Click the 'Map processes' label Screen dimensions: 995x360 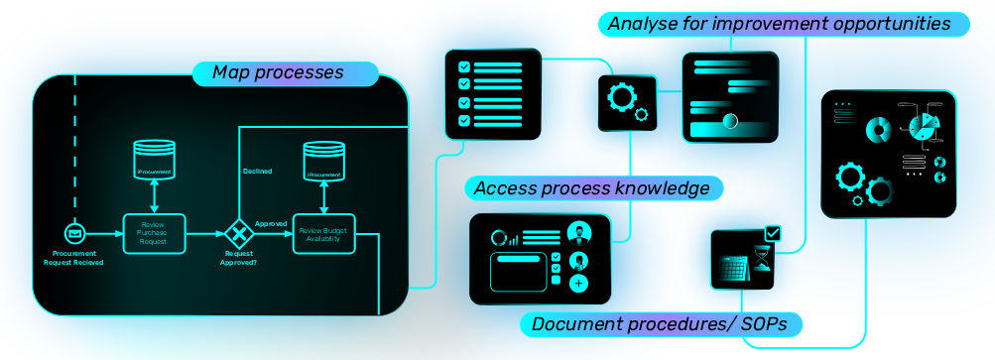pyautogui.click(x=278, y=73)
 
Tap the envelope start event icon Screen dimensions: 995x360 pyautogui.click(x=73, y=233)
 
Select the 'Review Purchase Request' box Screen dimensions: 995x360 pyautogui.click(x=154, y=233)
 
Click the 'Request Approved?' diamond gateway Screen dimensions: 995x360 pyautogui.click(x=238, y=234)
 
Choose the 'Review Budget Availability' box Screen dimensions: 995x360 pyautogui.click(x=323, y=233)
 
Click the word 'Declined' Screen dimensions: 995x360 pyautogui.click(x=257, y=171)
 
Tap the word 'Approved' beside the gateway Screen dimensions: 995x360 pyautogui.click(x=271, y=224)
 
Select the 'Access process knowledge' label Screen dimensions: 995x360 pyautogui.click(x=591, y=187)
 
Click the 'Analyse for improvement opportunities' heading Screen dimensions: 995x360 pyautogui.click(x=779, y=23)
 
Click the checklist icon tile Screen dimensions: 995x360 pyautogui.click(x=492, y=94)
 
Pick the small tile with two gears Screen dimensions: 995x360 pyautogui.click(x=627, y=102)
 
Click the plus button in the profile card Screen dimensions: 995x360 pyautogui.click(x=577, y=284)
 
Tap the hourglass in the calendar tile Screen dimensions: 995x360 pyautogui.click(x=760, y=264)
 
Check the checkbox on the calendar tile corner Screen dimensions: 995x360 pyautogui.click(x=773, y=233)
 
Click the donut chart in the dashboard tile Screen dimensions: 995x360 pyautogui.click(x=878, y=130)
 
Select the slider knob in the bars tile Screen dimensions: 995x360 pyautogui.click(x=731, y=121)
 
